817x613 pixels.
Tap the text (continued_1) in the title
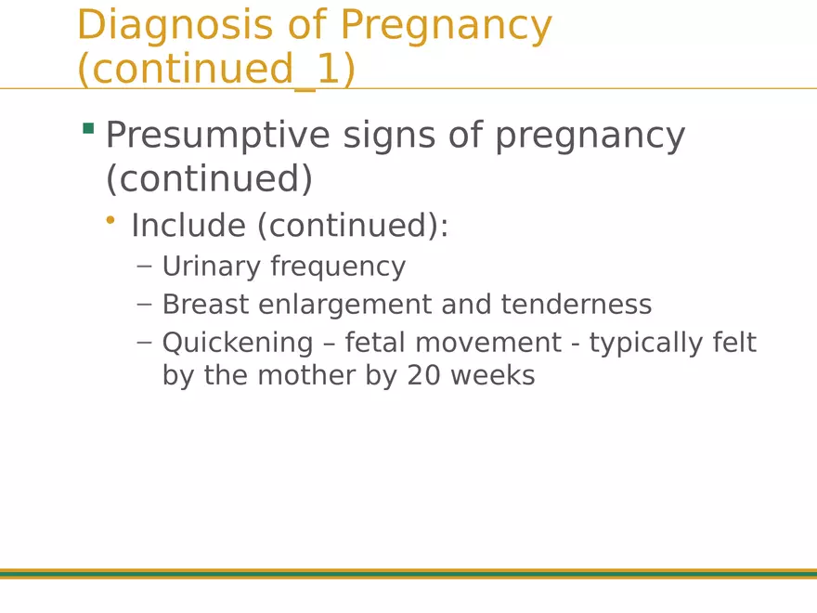216,70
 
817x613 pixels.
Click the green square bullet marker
88,128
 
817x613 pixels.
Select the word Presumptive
217,136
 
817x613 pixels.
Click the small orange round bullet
110,220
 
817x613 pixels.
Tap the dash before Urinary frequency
144,266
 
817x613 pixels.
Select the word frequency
338,267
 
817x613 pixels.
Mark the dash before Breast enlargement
144,304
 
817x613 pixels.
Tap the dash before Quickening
144,342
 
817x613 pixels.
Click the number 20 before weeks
423,375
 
